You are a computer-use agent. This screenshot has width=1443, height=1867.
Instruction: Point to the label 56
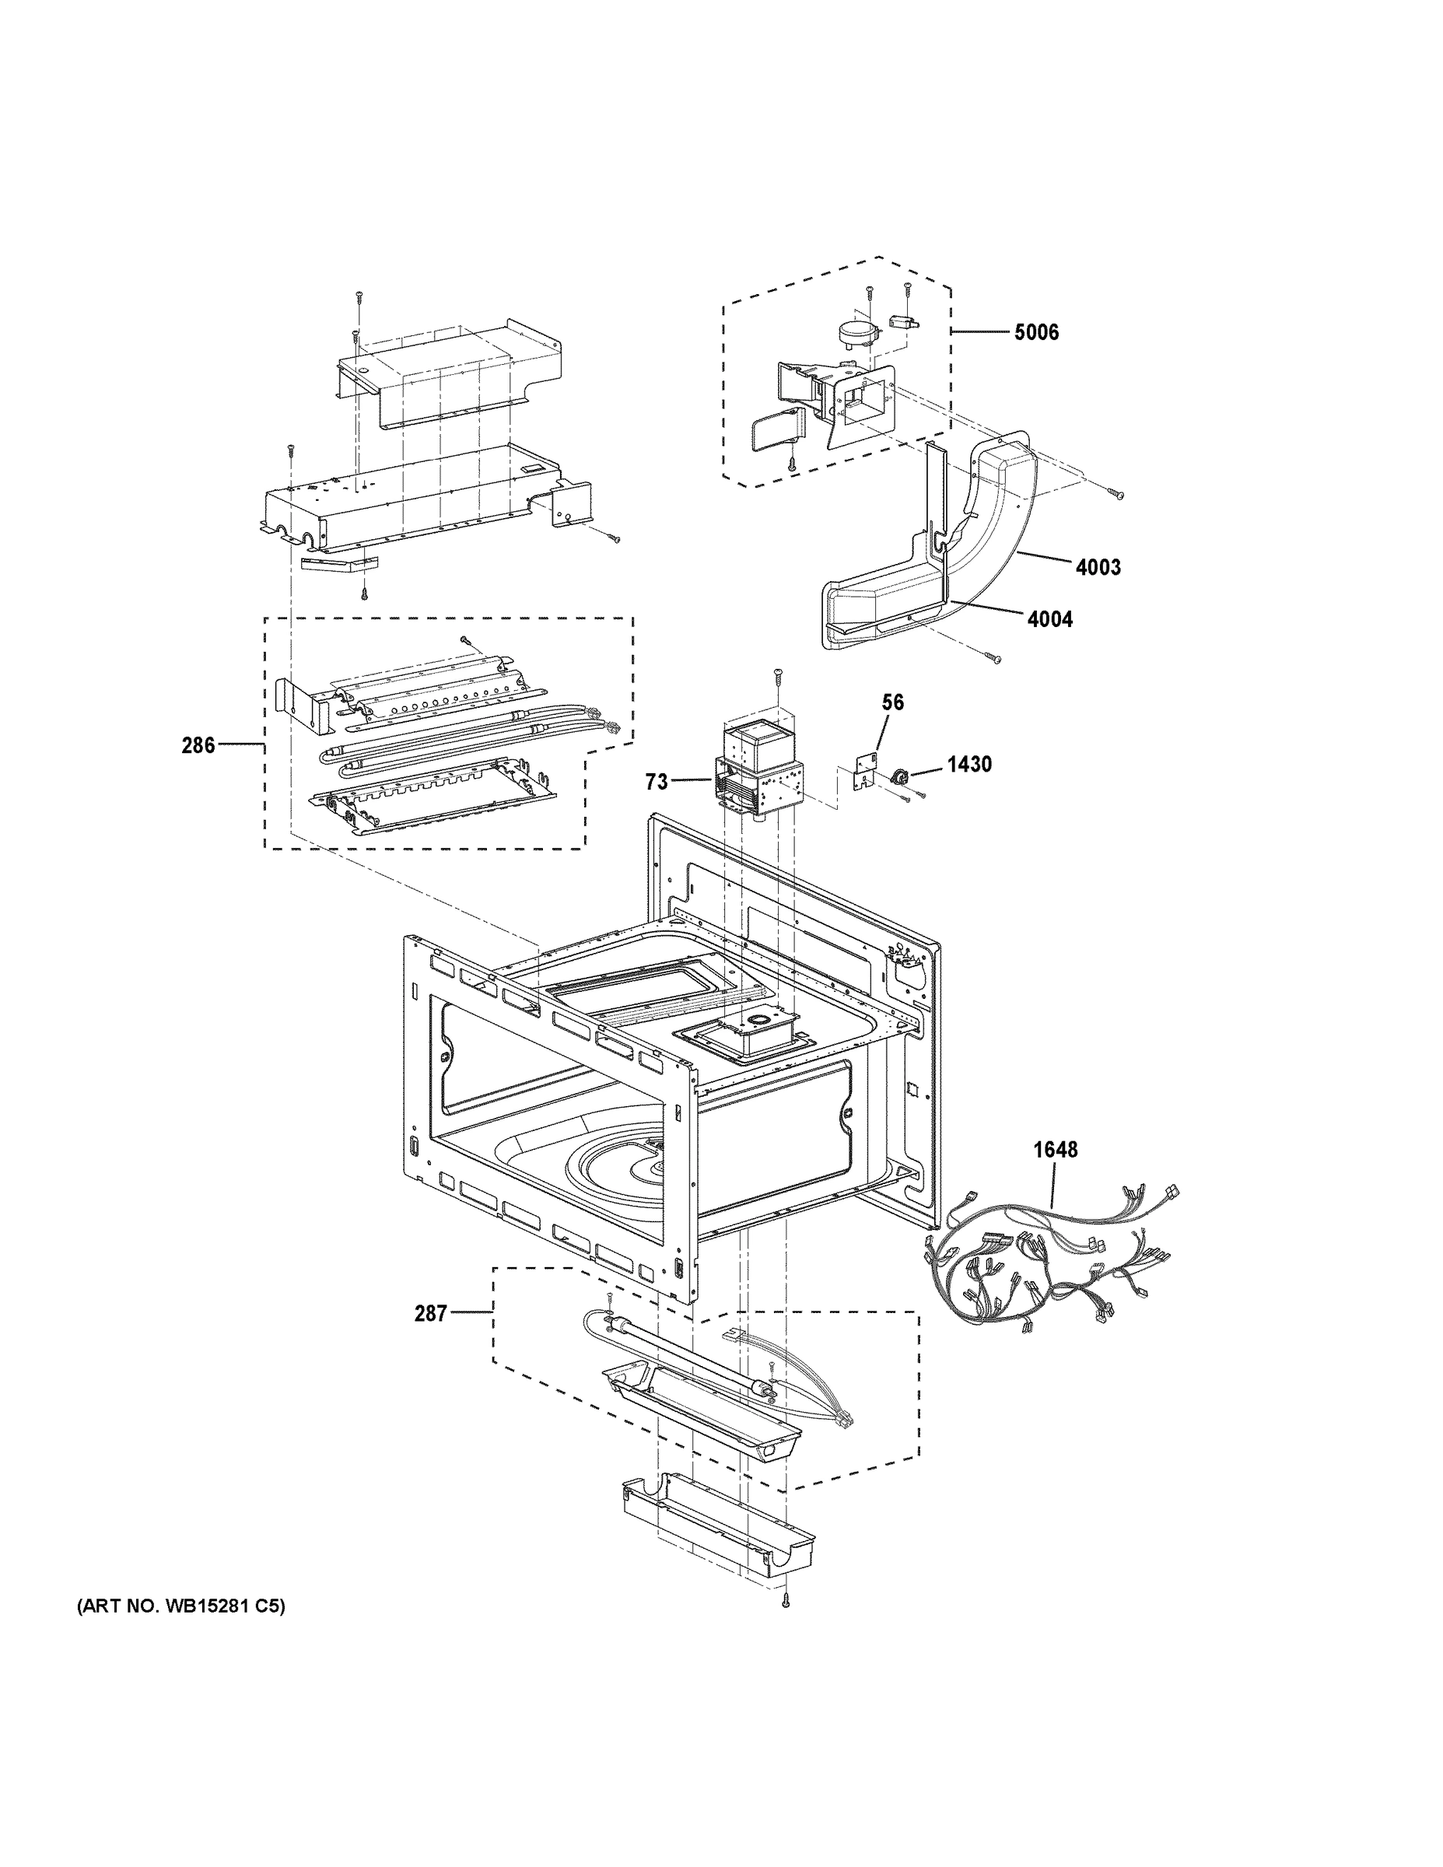coord(892,702)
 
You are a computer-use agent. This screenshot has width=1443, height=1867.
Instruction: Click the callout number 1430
coord(968,764)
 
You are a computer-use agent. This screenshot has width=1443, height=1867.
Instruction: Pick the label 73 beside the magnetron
coord(656,781)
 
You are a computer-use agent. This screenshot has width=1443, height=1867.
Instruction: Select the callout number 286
coord(198,745)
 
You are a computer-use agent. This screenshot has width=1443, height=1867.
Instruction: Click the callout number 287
coord(430,1314)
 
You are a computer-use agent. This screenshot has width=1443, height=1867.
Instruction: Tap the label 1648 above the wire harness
coord(1055,1150)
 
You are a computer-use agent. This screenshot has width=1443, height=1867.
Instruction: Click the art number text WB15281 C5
coord(181,1607)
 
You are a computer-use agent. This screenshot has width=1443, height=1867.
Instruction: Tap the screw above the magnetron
coord(777,675)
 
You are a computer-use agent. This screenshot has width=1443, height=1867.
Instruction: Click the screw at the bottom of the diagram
coord(786,1600)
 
